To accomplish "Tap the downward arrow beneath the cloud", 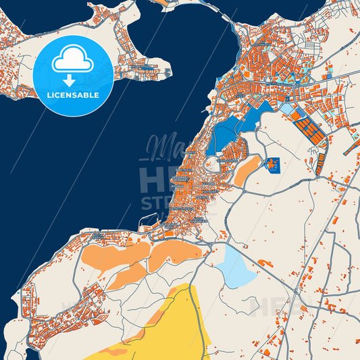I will pos(70,80).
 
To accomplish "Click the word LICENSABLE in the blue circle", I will pos(73,95).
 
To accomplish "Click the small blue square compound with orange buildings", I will pos(272,164).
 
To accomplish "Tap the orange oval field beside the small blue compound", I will pos(247,170).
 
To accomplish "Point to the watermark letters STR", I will pos(157,203).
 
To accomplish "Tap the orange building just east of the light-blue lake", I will pos(265,263).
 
